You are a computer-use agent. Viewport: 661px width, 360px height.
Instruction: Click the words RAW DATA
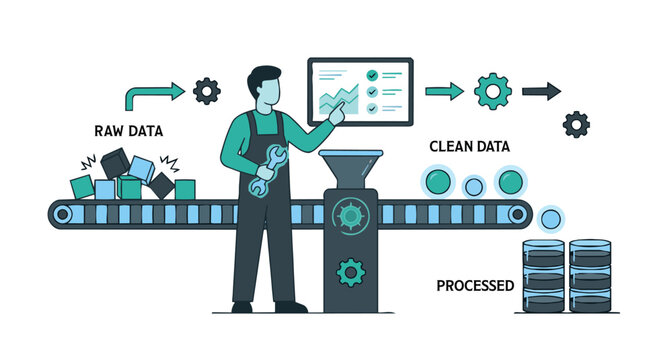129,131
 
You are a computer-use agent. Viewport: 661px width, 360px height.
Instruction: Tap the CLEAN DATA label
469,146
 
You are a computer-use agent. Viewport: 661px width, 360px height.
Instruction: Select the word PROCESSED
475,286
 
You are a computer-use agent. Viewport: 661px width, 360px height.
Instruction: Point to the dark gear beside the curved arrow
207,91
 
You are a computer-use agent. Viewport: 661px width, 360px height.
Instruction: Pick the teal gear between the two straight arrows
492,91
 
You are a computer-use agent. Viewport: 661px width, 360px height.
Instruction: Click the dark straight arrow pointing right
541,91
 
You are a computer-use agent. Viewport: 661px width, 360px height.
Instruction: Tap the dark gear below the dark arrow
576,125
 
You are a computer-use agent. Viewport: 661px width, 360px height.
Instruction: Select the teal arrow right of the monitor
444,91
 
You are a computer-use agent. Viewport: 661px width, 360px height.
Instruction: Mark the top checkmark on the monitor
372,75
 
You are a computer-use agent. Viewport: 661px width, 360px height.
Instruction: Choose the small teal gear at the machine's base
350,271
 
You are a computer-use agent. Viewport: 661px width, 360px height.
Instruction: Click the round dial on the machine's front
350,214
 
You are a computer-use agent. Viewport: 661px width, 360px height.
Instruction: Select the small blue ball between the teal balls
474,186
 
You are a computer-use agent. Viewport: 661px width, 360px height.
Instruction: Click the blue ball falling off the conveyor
550,218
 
